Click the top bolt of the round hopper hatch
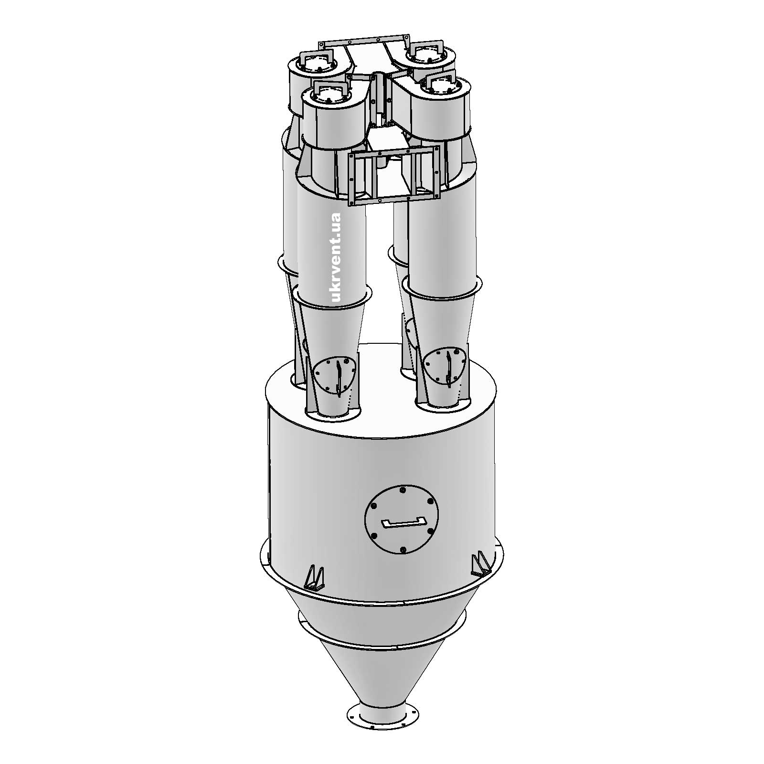click(402, 490)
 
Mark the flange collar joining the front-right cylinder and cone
click(440, 289)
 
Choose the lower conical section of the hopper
click(382, 678)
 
